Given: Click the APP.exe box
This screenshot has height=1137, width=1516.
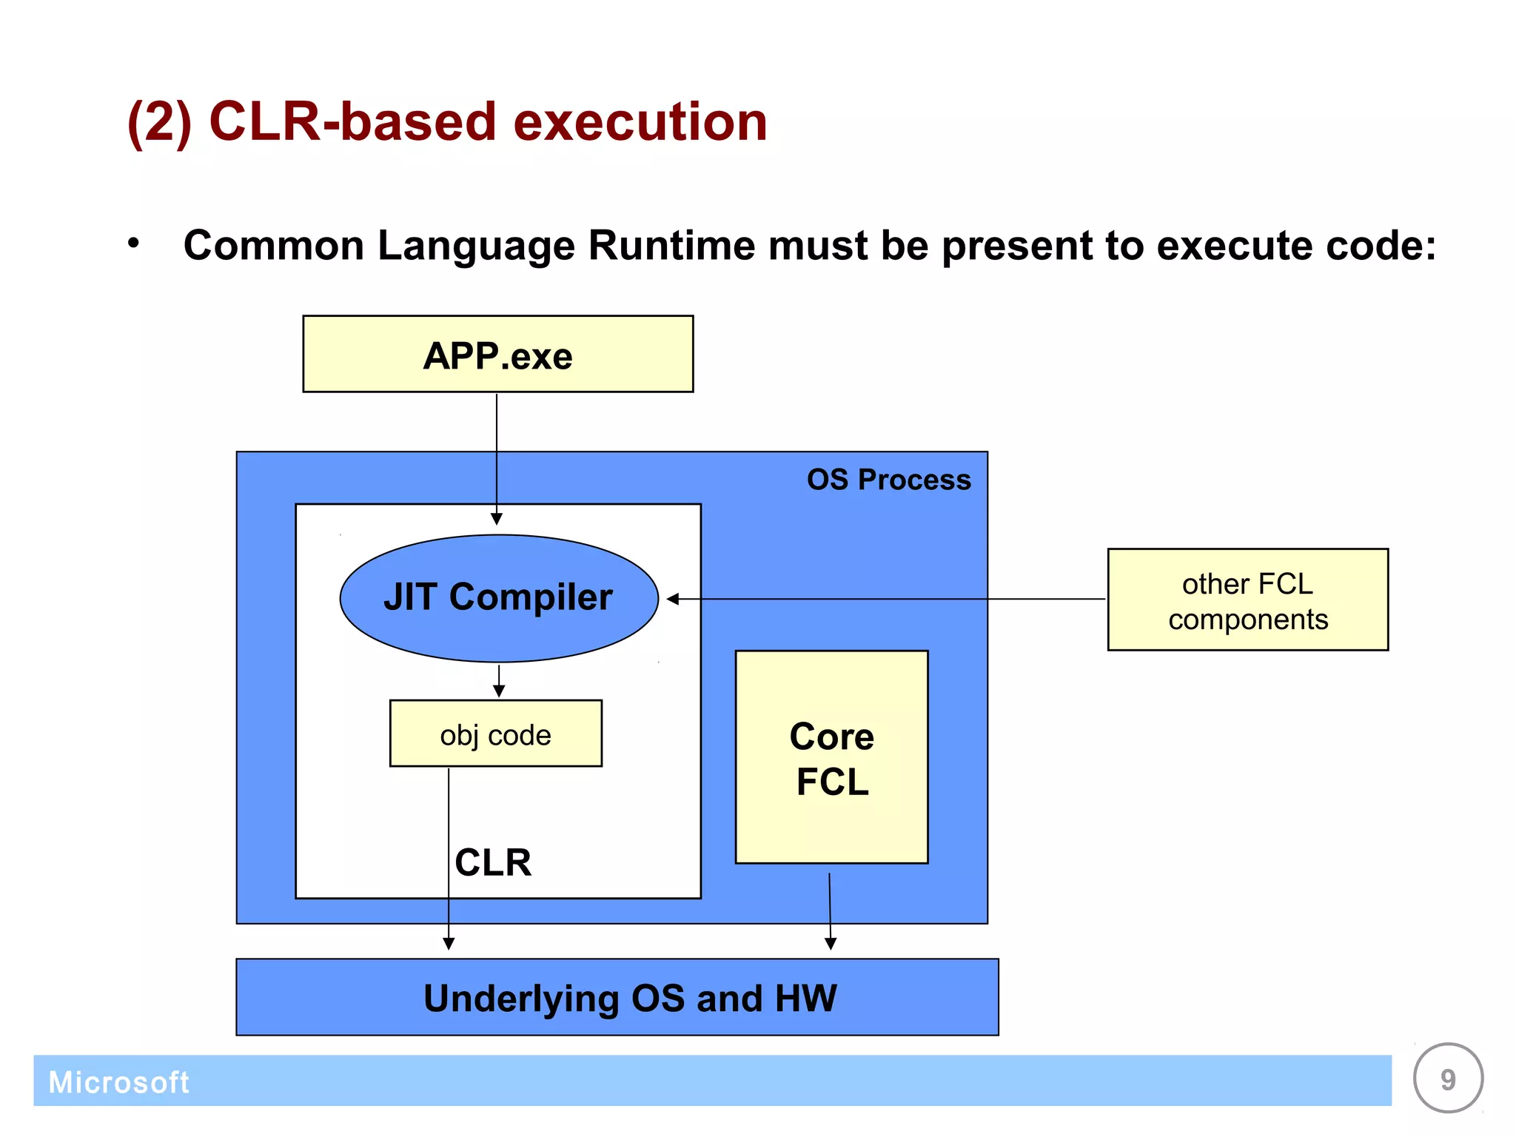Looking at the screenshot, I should point(497,355).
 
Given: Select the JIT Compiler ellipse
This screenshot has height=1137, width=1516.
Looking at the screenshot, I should point(498,597).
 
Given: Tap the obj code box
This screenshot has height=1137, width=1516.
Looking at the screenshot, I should point(495,734).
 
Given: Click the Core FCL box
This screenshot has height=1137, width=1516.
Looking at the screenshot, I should point(831,757).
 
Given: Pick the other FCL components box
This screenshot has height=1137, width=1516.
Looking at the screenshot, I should point(1247,600).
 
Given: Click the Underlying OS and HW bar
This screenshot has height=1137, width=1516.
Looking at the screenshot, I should point(617,997).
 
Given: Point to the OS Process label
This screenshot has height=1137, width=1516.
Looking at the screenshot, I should point(888,480).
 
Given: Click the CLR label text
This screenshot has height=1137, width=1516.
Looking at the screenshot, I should point(493,862).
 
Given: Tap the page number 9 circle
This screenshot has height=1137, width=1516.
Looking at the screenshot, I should point(1447,1079).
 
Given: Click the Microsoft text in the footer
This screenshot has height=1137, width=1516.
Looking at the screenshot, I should point(118,1082).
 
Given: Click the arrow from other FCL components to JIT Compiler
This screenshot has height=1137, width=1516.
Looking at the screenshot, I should point(888,599).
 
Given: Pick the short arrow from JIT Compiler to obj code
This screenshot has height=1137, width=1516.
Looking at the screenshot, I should point(499,681).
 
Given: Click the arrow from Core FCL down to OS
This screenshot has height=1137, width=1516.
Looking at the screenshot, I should point(830,910).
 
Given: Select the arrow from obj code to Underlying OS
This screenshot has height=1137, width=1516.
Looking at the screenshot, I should point(449,859).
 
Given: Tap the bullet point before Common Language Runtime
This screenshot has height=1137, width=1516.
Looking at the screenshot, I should point(133,243).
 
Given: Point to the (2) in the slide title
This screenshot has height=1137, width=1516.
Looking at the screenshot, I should point(160,123).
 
